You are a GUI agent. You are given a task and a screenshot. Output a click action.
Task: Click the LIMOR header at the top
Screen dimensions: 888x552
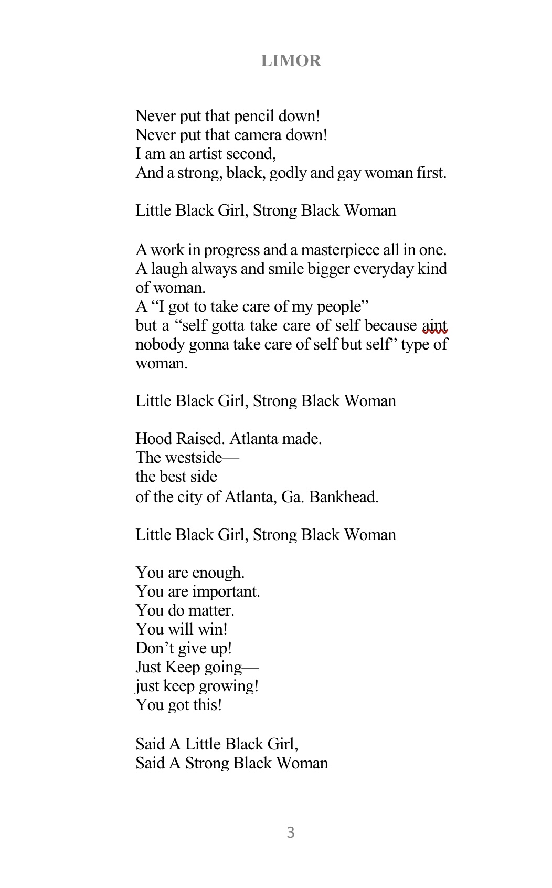(291, 61)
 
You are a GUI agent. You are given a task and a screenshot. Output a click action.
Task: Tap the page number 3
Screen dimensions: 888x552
(291, 832)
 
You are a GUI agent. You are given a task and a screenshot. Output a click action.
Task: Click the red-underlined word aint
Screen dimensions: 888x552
(434, 326)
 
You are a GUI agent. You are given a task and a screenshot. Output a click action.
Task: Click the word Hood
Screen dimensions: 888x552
(153, 439)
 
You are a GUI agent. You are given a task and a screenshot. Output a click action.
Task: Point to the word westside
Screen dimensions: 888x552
(193, 458)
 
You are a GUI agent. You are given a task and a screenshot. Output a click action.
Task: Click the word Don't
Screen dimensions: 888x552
(155, 648)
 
